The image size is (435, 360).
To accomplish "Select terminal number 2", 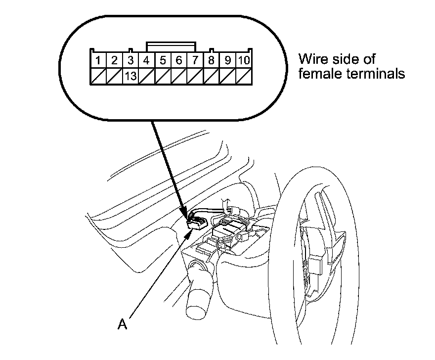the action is point(114,61).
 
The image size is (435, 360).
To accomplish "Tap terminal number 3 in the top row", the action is point(130,61).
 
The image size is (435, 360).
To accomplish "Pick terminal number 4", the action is point(147,61).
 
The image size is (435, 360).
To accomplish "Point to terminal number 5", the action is point(163,61).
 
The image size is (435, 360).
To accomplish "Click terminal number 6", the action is point(179,61).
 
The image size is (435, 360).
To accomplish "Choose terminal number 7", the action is point(195,61).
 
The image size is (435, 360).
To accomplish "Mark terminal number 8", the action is point(211,61).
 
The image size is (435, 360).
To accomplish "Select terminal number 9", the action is point(227,61).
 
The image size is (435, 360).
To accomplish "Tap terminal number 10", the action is point(243,61).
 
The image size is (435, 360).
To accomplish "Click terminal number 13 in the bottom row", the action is point(130,76).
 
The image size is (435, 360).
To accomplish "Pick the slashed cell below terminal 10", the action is point(243,76).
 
